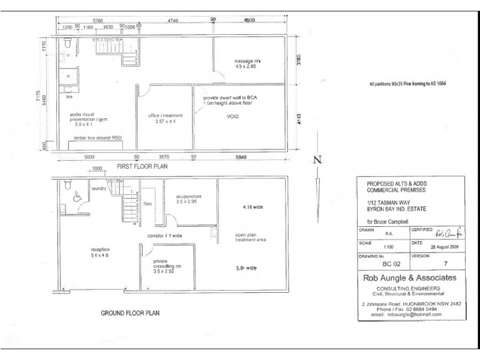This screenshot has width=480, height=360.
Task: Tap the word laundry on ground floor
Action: pos(98,188)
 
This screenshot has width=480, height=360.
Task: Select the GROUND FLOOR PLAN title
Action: pos(130,313)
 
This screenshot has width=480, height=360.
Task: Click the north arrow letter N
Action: pos(318,159)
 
